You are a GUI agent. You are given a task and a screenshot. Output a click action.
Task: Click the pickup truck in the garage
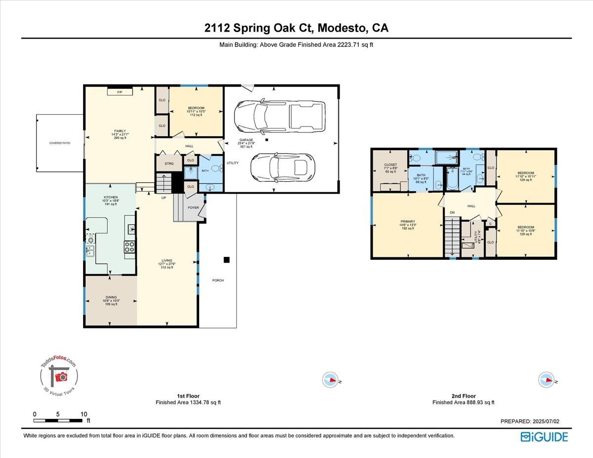(x=280, y=117)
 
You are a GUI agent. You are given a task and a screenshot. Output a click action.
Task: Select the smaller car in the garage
(x=281, y=167)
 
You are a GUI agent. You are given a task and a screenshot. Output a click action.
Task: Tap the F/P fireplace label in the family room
(x=119, y=92)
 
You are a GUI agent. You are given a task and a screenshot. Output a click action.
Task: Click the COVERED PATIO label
(x=59, y=143)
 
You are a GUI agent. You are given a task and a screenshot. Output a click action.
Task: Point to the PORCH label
(x=218, y=280)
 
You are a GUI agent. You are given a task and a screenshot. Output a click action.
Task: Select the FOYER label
(x=193, y=208)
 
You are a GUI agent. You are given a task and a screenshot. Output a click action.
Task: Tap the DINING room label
(x=111, y=297)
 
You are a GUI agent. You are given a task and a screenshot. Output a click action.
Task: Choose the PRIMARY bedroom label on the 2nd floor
(x=408, y=221)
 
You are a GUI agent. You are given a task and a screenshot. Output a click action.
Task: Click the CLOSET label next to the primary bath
(x=391, y=165)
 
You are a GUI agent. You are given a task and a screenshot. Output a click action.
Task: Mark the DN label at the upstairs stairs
(x=452, y=212)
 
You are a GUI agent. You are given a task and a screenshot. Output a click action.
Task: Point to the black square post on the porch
(x=226, y=260)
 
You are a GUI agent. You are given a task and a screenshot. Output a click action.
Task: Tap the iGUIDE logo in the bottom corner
(x=544, y=437)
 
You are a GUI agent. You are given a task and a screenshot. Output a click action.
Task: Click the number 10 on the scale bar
(x=84, y=414)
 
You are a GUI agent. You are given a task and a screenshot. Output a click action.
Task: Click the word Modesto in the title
(x=340, y=28)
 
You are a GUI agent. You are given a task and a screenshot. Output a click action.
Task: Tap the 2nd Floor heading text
(x=463, y=396)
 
